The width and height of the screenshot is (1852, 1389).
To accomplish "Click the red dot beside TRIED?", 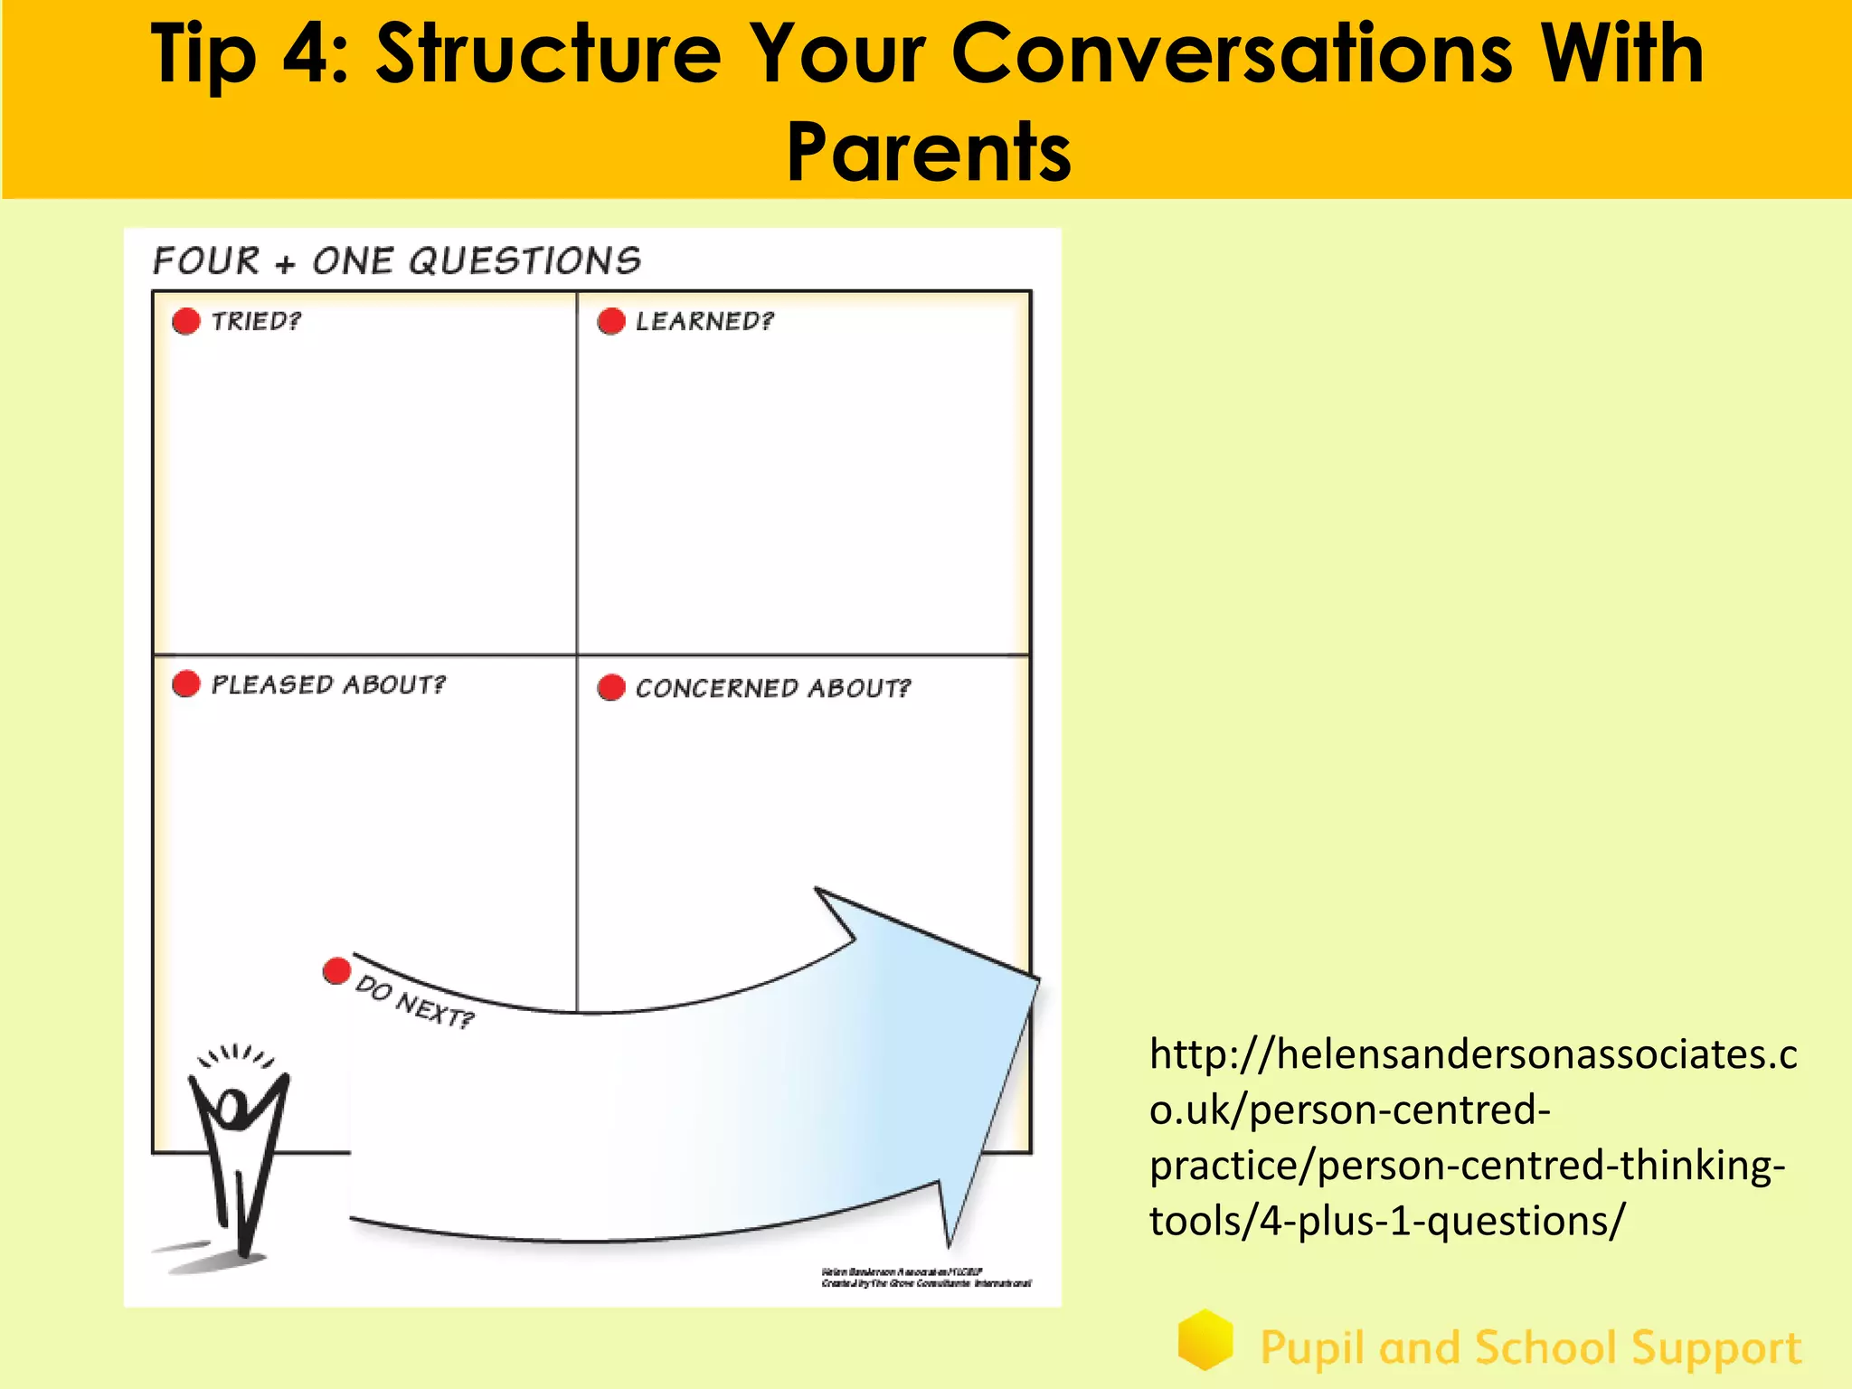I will tap(186, 321).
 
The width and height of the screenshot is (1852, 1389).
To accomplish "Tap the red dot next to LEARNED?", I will tap(611, 321).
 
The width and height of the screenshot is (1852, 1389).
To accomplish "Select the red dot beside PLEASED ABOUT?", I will tap(186, 684).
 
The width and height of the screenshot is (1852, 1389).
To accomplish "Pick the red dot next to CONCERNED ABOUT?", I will tap(611, 687).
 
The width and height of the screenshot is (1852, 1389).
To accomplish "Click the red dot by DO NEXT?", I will tap(336, 971).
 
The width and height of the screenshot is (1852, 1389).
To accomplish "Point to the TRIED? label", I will tap(256, 321).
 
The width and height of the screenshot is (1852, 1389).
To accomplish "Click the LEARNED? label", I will tap(704, 321).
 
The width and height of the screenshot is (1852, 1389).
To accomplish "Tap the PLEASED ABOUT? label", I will tap(328, 685).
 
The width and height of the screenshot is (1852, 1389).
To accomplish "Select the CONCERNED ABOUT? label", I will tap(773, 688).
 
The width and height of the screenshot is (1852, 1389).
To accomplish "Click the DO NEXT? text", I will tap(414, 1002).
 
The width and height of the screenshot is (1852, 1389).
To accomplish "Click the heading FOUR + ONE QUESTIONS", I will tap(396, 261).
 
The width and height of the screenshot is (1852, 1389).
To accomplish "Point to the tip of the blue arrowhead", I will tap(1037, 978).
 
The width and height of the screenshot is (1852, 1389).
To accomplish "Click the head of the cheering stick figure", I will tap(232, 1109).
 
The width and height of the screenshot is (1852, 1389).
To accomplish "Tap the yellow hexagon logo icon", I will tap(1205, 1339).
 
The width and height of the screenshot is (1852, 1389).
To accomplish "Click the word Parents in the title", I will tap(929, 152).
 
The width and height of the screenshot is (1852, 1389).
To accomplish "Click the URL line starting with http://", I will tap(1473, 1054).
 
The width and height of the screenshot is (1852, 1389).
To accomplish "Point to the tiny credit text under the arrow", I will tap(926, 1277).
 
